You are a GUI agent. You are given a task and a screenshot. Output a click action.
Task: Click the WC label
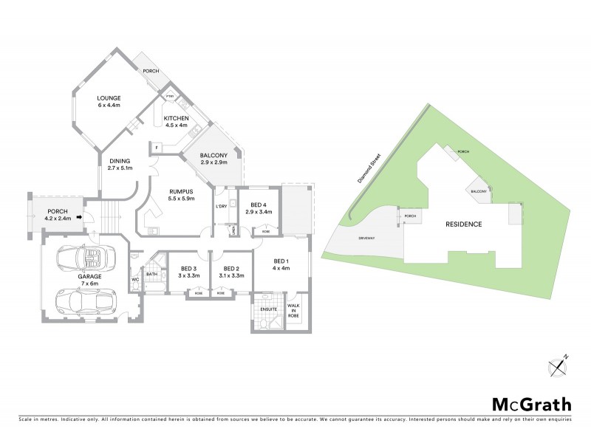pos(134,280)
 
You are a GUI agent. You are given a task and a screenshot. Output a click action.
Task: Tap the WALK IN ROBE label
pos(293,308)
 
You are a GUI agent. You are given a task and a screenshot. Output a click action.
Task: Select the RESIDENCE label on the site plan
pos(463,224)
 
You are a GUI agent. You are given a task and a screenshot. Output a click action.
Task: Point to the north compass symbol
pos(558,365)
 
